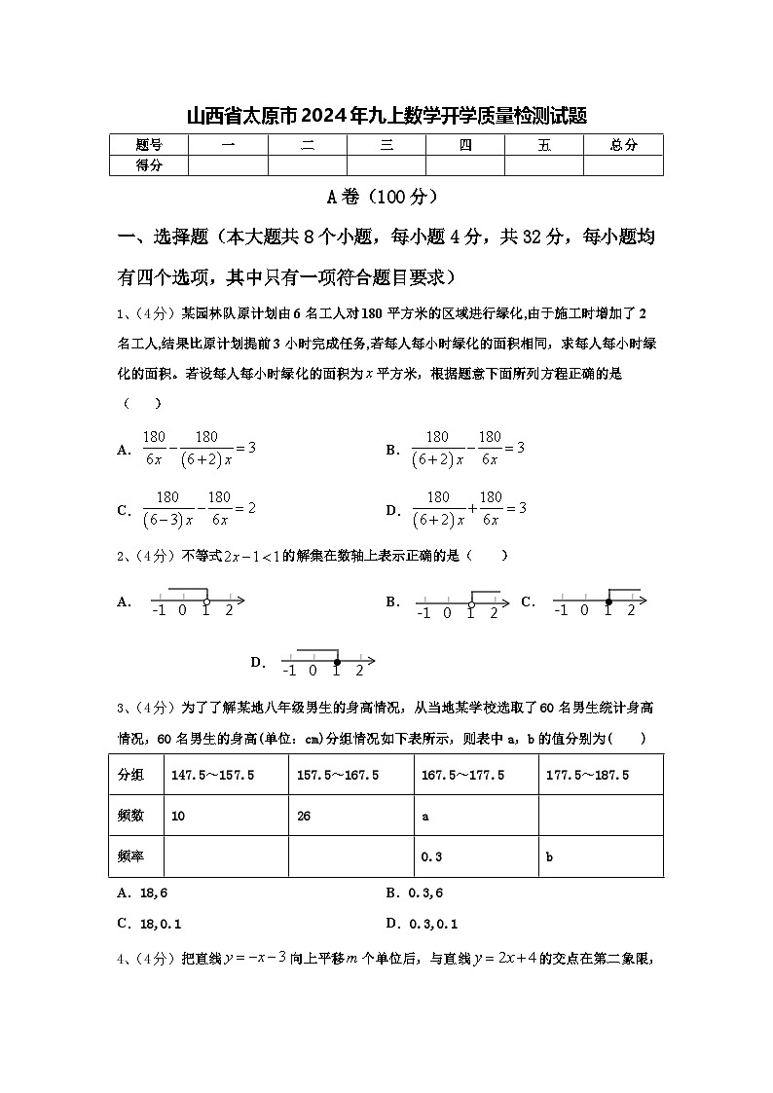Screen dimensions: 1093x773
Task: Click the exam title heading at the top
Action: pyautogui.click(x=386, y=117)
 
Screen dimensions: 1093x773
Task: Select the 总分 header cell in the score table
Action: pyautogui.click(x=623, y=145)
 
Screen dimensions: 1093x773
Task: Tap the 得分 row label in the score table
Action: pyautogui.click(x=149, y=165)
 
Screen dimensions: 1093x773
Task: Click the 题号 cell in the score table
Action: pyautogui.click(x=149, y=145)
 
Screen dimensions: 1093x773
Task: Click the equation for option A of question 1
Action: pyautogui.click(x=199, y=448)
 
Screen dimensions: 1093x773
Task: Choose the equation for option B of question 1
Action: pyautogui.click(x=467, y=448)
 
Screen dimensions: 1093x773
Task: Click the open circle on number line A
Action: pyautogui.click(x=206, y=601)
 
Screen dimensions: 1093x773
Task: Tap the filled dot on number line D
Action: pyautogui.click(x=337, y=662)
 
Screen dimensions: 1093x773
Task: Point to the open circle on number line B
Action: pyautogui.click(x=471, y=604)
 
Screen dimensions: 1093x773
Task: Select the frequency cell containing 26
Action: pyautogui.click(x=304, y=816)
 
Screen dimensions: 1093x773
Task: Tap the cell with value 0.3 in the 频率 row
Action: pyautogui.click(x=431, y=856)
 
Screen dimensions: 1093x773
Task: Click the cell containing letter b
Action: pyautogui.click(x=550, y=856)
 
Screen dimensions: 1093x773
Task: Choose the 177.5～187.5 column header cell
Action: pyautogui.click(x=587, y=775)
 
